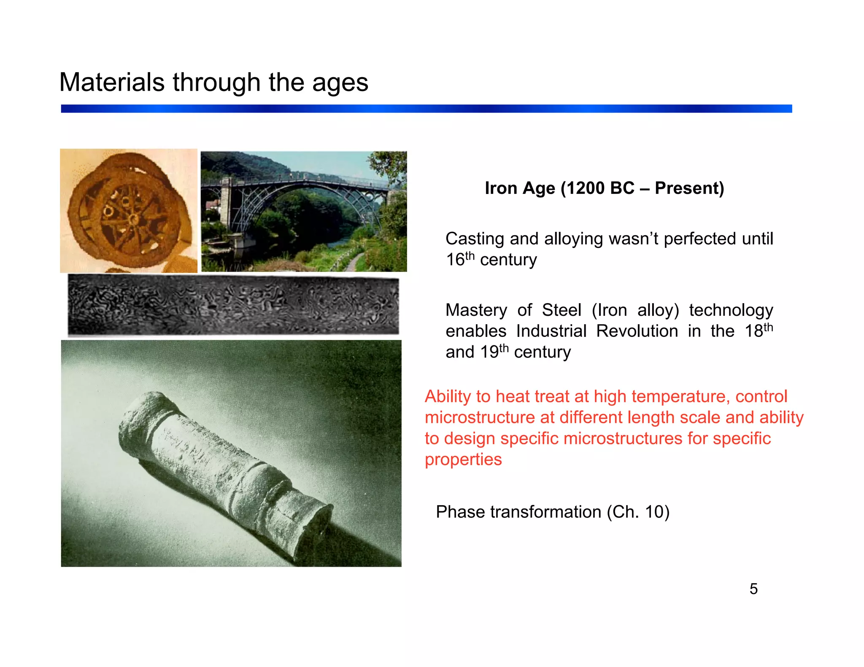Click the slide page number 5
pos(753,589)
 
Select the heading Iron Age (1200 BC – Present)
pos(604,188)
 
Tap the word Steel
pos(561,310)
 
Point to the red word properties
pos(463,460)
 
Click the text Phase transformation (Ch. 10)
pos(553,512)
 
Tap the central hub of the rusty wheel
pos(133,219)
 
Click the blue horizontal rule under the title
pos(426,109)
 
